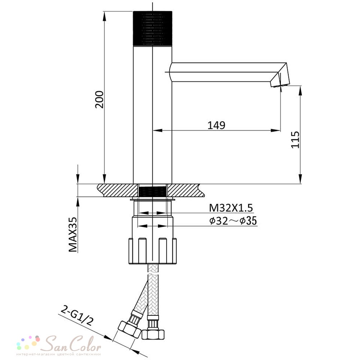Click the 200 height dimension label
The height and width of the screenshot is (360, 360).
tap(100, 99)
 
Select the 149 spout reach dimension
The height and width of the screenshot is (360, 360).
tap(216, 125)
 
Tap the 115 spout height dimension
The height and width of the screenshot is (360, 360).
tap(295, 140)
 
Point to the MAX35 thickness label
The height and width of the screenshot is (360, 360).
tap(73, 234)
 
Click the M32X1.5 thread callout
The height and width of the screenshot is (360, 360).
tap(231, 208)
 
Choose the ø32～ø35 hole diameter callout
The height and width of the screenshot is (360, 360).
tap(233, 221)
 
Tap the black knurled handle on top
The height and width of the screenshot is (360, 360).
tap(153, 28)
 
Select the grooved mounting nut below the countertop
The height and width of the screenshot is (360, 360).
tap(153, 251)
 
